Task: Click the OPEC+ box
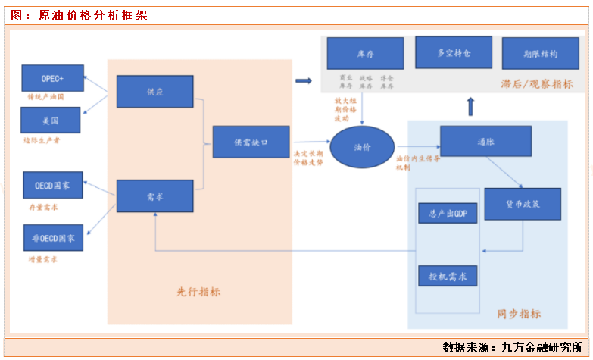tap(51, 79)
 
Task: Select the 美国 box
tap(51, 120)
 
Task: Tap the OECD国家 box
tap(52, 185)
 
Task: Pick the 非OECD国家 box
tap(52, 237)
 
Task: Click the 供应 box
tap(154, 91)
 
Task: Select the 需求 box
tap(154, 196)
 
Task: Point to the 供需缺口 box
tap(251, 142)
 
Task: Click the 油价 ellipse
tap(362, 146)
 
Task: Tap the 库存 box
tap(366, 54)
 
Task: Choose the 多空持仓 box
tap(454, 53)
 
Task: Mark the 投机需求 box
tap(448, 276)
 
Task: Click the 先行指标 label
tap(198, 292)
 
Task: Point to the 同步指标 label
tap(519, 313)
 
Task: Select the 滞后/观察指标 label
tap(537, 83)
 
